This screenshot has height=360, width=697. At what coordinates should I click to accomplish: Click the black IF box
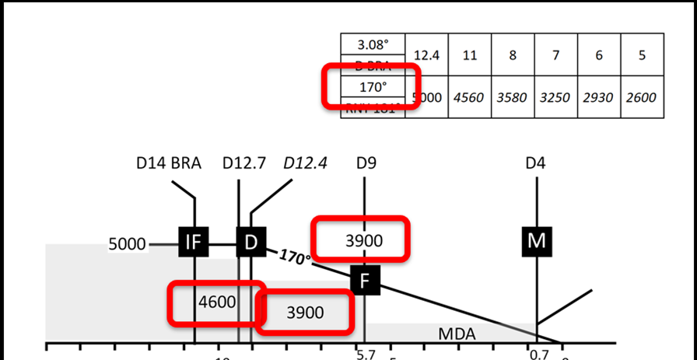[194, 243]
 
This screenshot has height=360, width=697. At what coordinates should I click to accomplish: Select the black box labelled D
[250, 243]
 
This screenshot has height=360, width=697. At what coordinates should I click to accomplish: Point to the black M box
[537, 242]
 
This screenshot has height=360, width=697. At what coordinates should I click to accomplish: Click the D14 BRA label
[169, 163]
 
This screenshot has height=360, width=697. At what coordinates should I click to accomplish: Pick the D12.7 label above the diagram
[243, 163]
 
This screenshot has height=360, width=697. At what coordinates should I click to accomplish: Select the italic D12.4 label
[305, 163]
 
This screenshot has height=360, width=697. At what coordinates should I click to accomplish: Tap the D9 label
[365, 163]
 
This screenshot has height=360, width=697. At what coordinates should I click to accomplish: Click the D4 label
[535, 163]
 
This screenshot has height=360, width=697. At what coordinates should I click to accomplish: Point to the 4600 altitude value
[217, 302]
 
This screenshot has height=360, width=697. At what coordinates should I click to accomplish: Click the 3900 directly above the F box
[363, 241]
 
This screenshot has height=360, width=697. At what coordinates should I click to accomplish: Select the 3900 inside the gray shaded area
[305, 313]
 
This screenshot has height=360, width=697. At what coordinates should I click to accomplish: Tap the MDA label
[457, 334]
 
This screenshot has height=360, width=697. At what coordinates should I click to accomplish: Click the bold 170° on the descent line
[295, 257]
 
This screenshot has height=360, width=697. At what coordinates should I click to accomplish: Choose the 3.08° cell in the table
[373, 44]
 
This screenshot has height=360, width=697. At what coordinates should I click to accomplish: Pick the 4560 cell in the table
[468, 98]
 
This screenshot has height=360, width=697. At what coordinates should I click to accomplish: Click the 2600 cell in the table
[641, 98]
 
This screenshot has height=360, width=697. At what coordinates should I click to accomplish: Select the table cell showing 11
[468, 55]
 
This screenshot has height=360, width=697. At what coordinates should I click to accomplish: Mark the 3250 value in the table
[555, 98]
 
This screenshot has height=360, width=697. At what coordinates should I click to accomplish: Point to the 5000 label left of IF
[128, 244]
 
